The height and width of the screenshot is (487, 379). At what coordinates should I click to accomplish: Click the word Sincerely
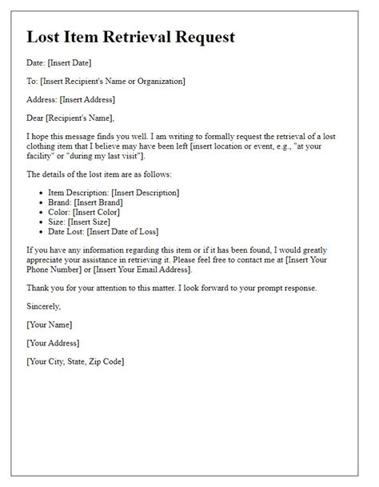tap(43, 306)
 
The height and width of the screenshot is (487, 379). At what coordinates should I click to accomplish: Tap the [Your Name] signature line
tap(50, 325)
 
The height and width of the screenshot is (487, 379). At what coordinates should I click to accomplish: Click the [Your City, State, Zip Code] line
tap(75, 361)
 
